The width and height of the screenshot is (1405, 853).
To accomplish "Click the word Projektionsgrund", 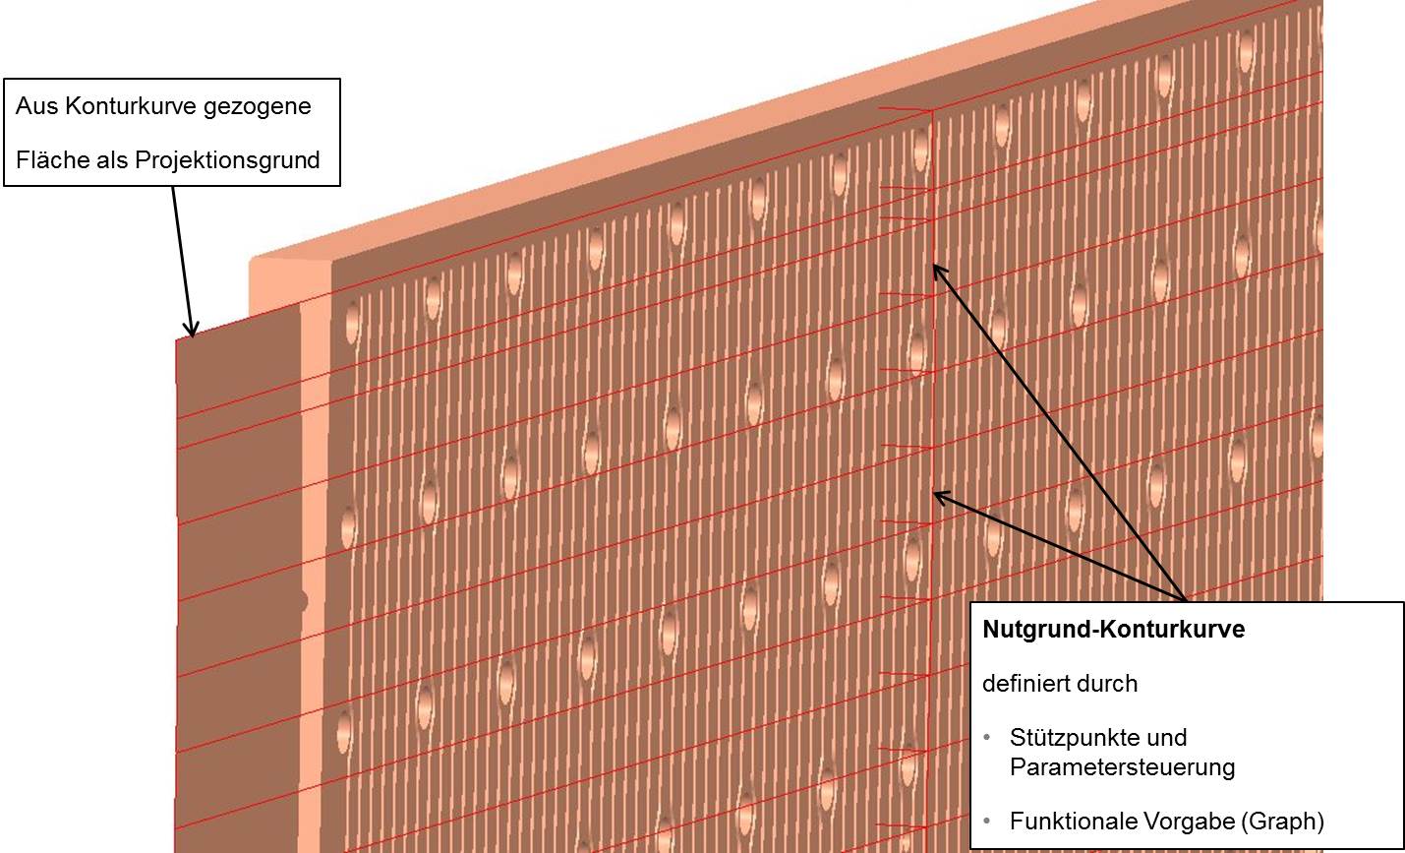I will point(227,160).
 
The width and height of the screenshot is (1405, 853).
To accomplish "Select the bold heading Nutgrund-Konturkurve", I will point(1113,630).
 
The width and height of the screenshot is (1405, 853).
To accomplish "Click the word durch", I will point(1107,683).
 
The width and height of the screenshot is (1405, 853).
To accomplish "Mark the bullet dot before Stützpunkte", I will point(986,738).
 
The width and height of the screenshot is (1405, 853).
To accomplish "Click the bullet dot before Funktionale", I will point(986,821).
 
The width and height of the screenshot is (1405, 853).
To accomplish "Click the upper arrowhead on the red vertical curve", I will point(937,270).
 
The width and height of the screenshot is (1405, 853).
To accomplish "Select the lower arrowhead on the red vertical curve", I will point(939,496).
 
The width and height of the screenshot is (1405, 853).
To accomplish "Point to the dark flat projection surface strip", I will point(236,492).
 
